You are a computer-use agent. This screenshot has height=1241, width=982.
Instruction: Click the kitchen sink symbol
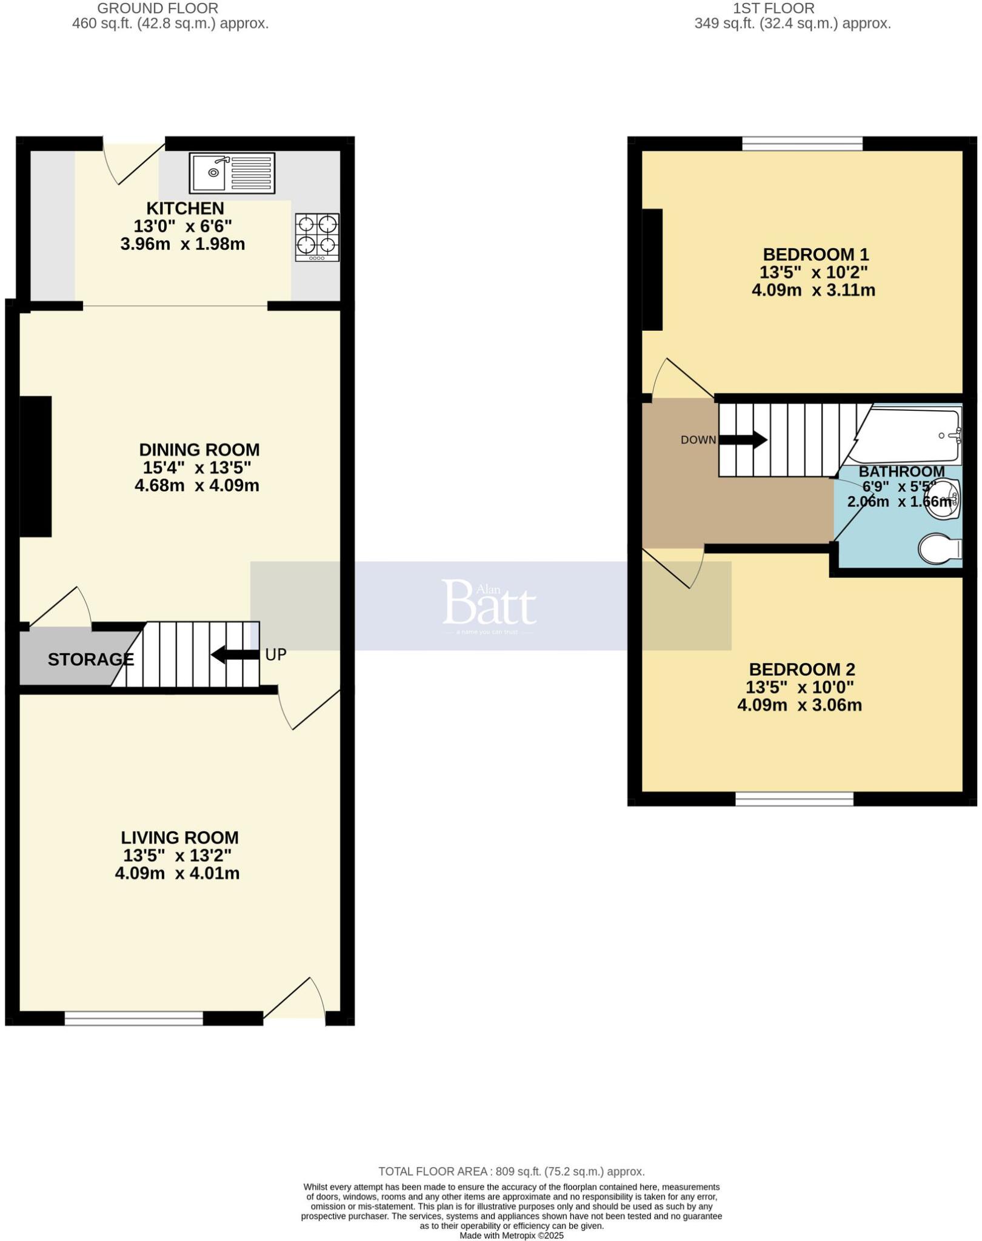tap(232, 173)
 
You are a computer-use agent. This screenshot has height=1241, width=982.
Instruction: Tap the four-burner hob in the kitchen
tap(317, 237)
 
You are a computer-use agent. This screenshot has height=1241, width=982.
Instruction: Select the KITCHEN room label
tap(185, 208)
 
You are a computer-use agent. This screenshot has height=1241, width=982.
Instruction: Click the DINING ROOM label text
tap(199, 450)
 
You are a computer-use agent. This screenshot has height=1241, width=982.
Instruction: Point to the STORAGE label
tap(91, 659)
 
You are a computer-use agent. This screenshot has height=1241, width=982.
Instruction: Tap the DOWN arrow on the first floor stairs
tap(743, 440)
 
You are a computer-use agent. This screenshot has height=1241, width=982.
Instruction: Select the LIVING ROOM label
tap(179, 837)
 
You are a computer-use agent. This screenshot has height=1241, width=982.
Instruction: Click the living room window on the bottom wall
tap(133, 1017)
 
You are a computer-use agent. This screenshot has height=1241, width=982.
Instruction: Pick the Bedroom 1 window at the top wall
tap(802, 144)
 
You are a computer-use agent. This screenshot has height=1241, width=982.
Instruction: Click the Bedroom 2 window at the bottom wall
tap(794, 799)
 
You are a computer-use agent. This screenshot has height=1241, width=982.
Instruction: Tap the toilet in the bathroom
tap(940, 549)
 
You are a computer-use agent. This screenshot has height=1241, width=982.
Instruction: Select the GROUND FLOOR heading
tap(158, 8)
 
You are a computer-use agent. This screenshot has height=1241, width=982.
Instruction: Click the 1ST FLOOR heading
tap(773, 8)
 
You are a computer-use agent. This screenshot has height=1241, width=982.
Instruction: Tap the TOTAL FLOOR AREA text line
tap(511, 1171)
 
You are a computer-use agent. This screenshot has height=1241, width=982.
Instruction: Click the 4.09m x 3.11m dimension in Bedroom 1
tap(813, 290)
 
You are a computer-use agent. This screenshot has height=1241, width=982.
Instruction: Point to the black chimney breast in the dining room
tap(35, 466)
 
